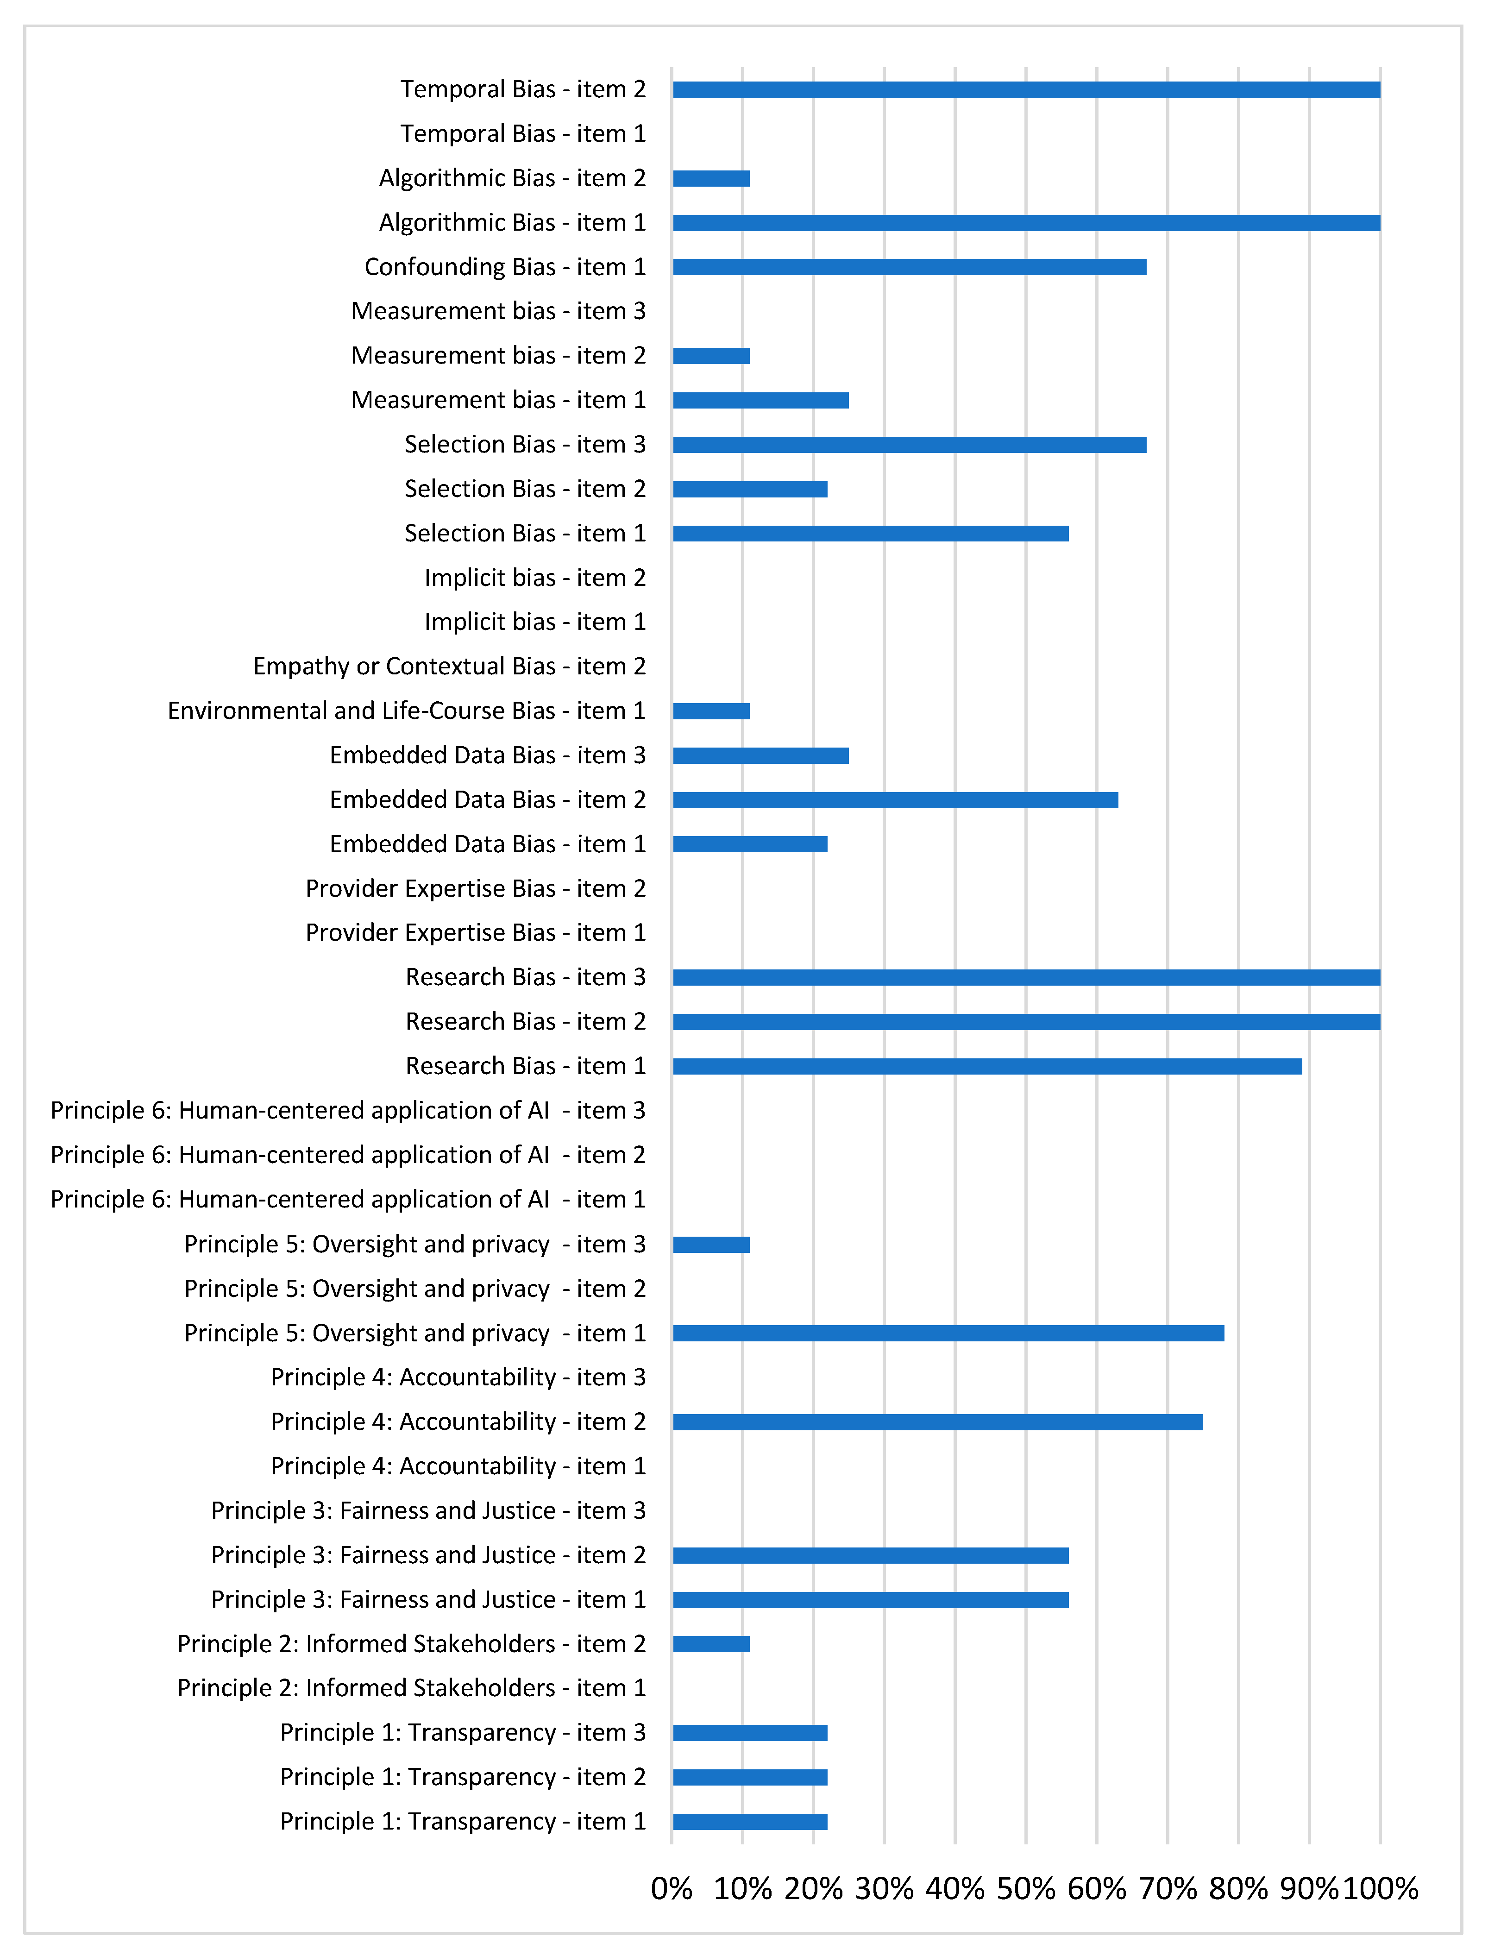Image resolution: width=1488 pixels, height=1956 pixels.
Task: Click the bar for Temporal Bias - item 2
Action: click(1026, 89)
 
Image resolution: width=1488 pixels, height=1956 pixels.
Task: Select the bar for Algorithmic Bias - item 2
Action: click(711, 178)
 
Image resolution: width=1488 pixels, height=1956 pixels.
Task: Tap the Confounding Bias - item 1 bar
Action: click(910, 267)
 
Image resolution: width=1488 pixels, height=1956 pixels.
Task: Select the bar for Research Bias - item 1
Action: click(987, 1066)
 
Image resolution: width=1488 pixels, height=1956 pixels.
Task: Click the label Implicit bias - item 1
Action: click(535, 622)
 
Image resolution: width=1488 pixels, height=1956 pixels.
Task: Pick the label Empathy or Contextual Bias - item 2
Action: click(449, 666)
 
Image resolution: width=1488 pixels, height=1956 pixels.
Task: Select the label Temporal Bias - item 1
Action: click(522, 134)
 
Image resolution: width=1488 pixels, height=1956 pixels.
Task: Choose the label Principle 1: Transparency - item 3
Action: click(463, 1732)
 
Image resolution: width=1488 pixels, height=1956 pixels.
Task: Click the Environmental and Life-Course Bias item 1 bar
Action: click(711, 711)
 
